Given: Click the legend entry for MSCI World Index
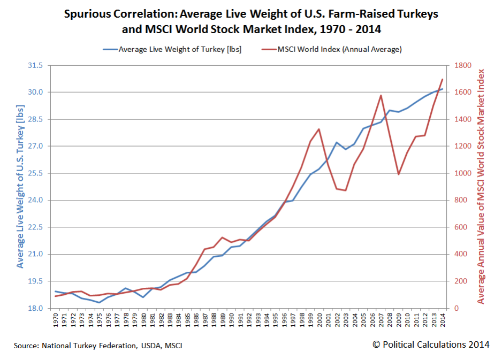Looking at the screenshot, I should click(339, 49).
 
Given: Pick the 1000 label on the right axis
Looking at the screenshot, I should click(462, 173).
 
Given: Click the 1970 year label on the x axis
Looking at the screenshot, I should click(56, 321).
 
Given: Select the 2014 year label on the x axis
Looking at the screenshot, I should click(442, 321).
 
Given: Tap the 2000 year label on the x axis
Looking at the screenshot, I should click(319, 321).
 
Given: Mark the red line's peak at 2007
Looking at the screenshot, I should click(381, 95).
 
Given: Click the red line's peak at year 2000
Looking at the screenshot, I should click(319, 129).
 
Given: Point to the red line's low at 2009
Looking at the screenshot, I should click(398, 174).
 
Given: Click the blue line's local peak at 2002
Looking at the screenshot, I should click(336, 142).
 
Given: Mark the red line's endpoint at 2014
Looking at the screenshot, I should click(442, 79).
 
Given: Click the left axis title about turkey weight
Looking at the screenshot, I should click(20, 186).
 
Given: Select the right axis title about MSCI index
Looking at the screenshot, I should click(481, 186).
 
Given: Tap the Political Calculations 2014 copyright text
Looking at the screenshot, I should click(430, 344).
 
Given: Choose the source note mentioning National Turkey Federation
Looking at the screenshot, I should click(98, 346).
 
